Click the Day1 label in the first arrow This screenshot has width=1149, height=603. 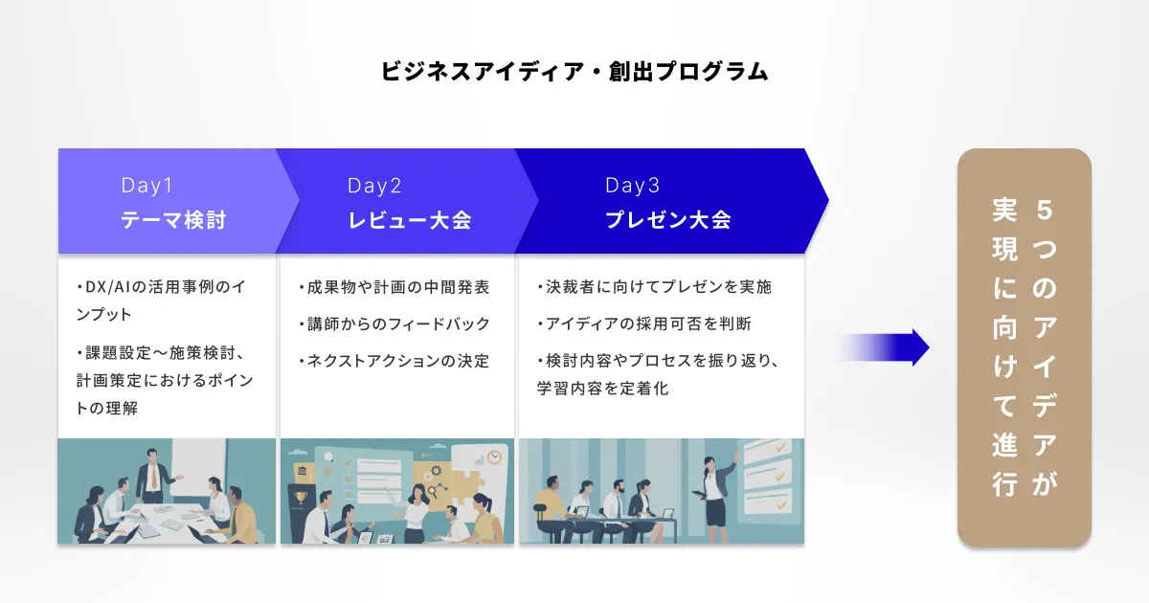(146, 185)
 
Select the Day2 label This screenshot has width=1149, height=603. (374, 186)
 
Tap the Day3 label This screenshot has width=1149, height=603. (633, 185)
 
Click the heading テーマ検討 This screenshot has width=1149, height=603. (173, 220)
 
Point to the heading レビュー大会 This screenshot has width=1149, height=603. (410, 220)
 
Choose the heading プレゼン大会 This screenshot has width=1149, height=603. (668, 220)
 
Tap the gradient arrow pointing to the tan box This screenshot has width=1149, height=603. (883, 347)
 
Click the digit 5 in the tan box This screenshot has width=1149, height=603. (1045, 211)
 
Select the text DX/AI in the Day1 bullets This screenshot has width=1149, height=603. (108, 287)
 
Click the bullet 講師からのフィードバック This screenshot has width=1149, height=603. (394, 324)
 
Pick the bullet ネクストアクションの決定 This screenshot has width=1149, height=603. (394, 361)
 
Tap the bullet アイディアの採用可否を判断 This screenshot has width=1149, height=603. (644, 324)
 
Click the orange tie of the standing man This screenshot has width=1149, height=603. (154, 477)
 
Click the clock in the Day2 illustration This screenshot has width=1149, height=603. (494, 457)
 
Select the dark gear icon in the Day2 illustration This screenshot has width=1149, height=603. (436, 471)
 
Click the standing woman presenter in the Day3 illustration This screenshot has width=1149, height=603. (715, 491)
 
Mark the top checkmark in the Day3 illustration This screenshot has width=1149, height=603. (780, 448)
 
